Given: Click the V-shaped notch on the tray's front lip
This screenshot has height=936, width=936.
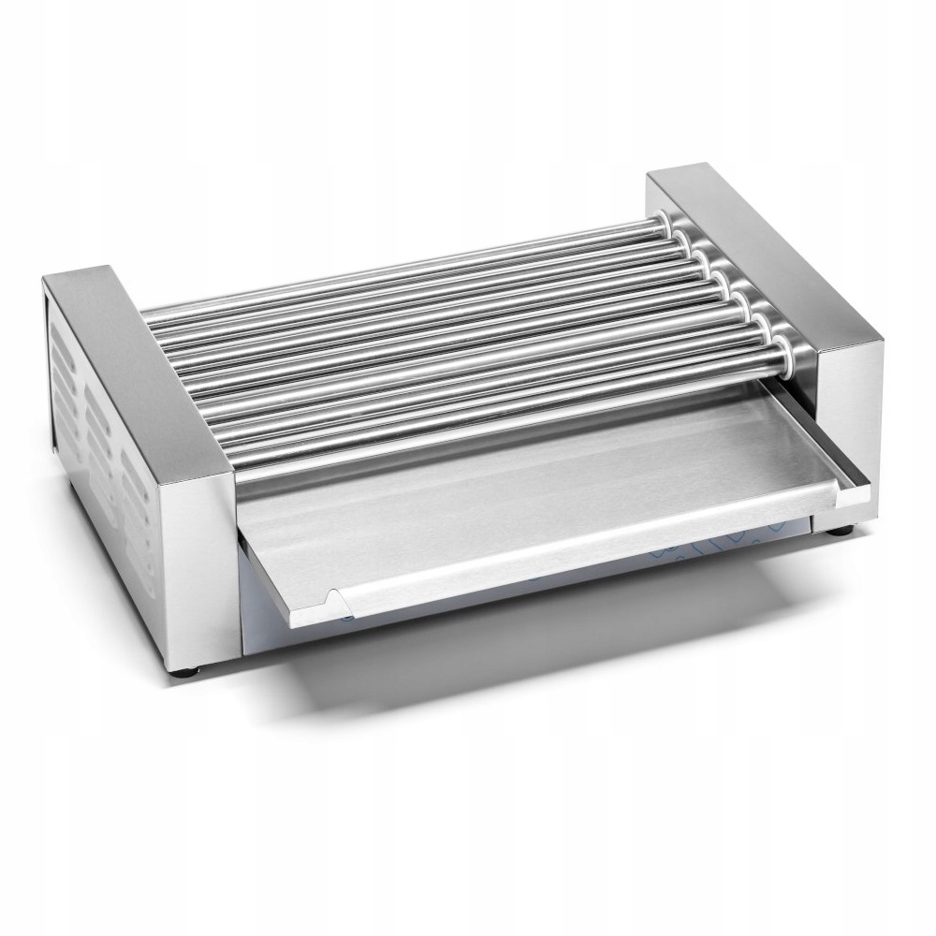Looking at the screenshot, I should pos(333,599).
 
